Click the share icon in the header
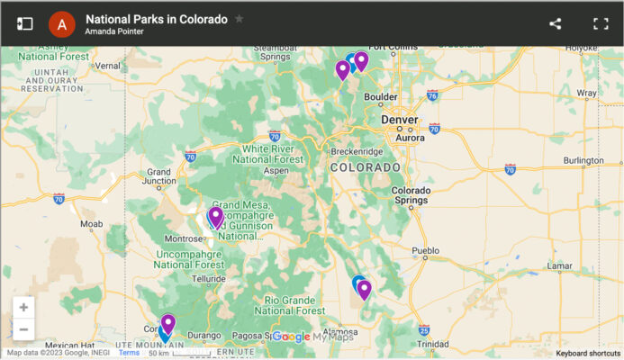[555, 23]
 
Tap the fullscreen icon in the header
[601, 23]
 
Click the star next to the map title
[239, 18]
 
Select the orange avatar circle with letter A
[61, 23]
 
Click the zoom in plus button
[23, 307]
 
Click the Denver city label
[400, 119]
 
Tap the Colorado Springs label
[411, 194]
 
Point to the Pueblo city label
[425, 247]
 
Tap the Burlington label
[583, 160]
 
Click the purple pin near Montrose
[216, 216]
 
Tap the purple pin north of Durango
[167, 322]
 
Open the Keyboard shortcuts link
[588, 353]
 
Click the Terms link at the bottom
[129, 353]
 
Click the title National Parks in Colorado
[157, 18]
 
